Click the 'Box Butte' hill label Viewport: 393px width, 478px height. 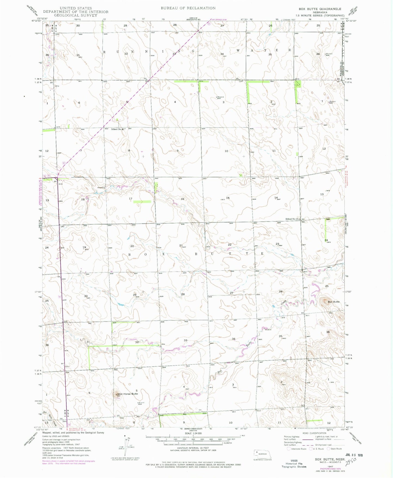(x=333, y=302)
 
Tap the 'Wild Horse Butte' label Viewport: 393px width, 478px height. (x=128, y=394)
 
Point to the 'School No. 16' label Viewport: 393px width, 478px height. (x=117, y=129)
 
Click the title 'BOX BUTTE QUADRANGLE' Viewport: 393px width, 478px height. (x=320, y=9)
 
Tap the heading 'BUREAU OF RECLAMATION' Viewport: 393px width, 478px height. (x=188, y=8)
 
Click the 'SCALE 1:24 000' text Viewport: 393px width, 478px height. (x=193, y=433)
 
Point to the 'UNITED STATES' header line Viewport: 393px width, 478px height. (x=76, y=8)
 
